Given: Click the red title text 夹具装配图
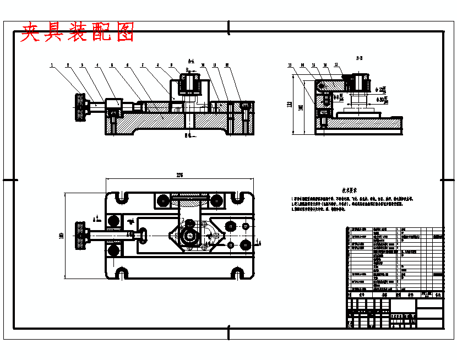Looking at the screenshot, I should coord(77,32).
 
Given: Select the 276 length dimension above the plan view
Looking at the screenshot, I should coord(179,175).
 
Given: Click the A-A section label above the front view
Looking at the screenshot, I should coord(191,61).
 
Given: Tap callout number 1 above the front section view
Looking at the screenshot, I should coord(52,66).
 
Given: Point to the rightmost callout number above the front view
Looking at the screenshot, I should coord(227,66).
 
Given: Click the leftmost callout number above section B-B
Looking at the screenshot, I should coord(290,66).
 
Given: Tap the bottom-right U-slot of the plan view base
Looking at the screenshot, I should coord(238,272).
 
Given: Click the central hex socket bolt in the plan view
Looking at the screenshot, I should coord(190,236).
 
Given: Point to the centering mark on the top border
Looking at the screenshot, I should coord(228,26).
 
